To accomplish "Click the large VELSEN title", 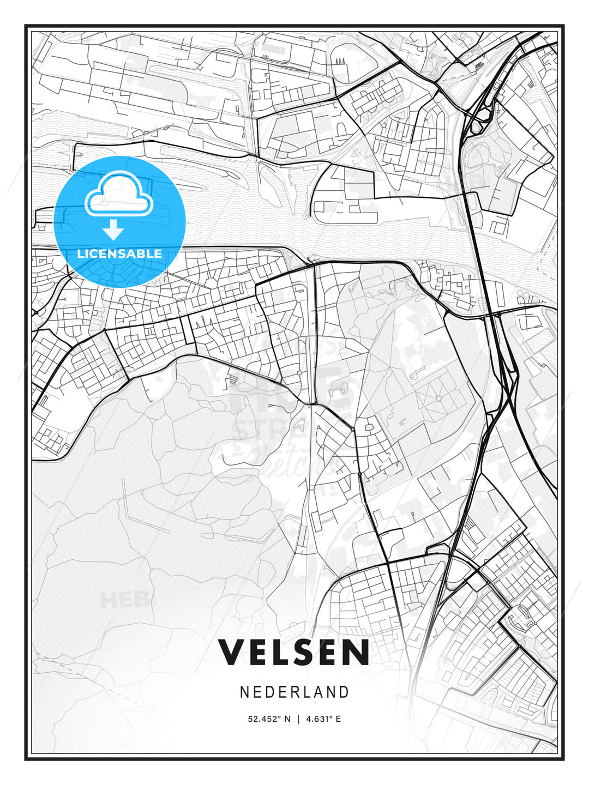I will [x=294, y=653].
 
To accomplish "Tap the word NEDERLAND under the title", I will [x=294, y=692].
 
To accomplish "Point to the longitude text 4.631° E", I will [x=323, y=719].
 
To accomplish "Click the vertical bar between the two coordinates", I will [x=298, y=719].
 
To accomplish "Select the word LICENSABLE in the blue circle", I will [x=119, y=253].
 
